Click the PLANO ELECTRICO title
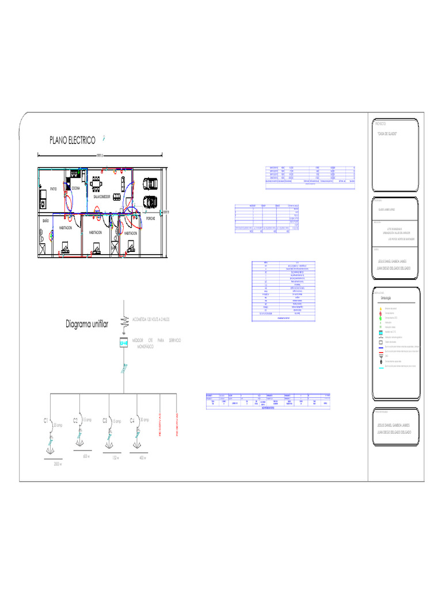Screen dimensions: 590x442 [x=72, y=141]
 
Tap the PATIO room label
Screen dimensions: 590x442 [x=53, y=189]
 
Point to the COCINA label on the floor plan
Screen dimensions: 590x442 [x=76, y=188]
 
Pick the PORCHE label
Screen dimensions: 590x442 [x=150, y=218]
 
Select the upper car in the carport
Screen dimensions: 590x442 [x=150, y=184]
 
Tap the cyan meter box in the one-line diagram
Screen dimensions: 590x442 [x=123, y=344]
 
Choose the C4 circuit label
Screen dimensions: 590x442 [x=132, y=421]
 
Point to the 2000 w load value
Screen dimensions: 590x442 [x=57, y=464]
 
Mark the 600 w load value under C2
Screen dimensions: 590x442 [x=86, y=456]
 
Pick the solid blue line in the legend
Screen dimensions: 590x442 [x=380, y=347]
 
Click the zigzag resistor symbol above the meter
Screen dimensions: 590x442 [x=123, y=320]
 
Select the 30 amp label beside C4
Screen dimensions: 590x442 [x=144, y=420]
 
